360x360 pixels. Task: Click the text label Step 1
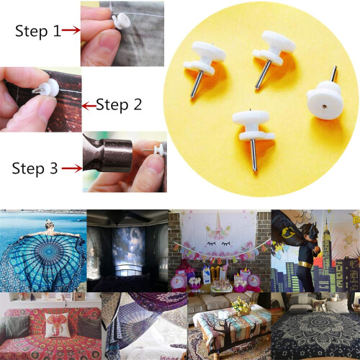pos(38,31)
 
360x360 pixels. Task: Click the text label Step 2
pos(119,105)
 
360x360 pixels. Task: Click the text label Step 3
pos(35,168)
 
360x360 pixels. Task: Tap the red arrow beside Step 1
pos(71,30)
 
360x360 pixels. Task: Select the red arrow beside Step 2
pos(89,106)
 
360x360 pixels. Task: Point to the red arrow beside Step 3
pos(72,168)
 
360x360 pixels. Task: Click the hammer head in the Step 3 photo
pos(108,154)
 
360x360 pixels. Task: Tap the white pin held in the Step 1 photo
pos(121,21)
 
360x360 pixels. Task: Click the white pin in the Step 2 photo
pos(48,89)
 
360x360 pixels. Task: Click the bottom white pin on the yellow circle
pos(253,135)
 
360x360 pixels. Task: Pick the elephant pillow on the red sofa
pos(58,325)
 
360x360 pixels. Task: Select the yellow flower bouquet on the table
pos(241,306)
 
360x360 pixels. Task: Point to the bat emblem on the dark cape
pos(289,231)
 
